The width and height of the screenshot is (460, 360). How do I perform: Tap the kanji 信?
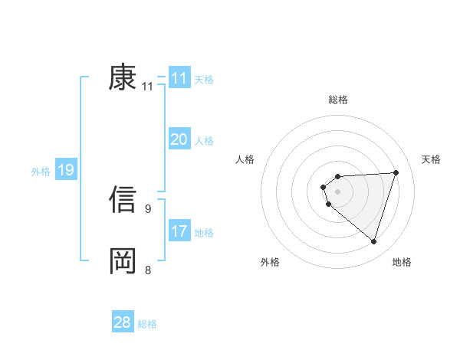(x=123, y=198)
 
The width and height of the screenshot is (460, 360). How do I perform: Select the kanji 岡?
(x=123, y=260)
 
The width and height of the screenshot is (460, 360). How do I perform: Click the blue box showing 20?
(x=179, y=139)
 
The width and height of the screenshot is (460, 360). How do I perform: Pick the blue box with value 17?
(x=179, y=231)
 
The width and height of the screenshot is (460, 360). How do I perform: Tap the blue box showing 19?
(x=65, y=170)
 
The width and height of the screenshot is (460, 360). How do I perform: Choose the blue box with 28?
(x=123, y=322)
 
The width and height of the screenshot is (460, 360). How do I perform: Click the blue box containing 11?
(x=179, y=78)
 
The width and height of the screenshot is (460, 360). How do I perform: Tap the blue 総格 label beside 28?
(x=147, y=324)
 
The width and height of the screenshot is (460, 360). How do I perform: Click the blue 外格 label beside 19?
(x=41, y=172)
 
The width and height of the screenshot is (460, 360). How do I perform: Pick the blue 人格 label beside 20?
(x=204, y=141)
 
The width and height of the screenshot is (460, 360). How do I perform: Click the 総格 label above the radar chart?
(x=337, y=100)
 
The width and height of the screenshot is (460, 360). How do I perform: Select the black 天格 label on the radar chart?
(x=431, y=159)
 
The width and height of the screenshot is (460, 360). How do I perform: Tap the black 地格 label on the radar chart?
(x=402, y=262)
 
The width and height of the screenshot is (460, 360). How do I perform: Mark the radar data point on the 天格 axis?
(x=396, y=172)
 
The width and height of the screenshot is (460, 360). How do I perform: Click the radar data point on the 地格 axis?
(x=373, y=241)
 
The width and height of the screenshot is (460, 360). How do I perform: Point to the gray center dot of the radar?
(x=337, y=190)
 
